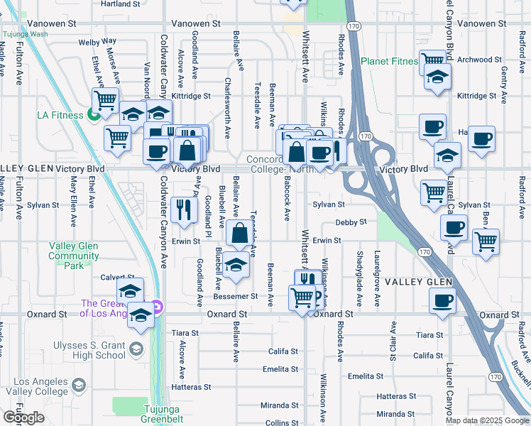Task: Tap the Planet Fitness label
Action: coord(389,61)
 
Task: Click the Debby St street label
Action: coord(351,222)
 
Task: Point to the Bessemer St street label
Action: coord(254,295)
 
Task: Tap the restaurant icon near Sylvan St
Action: coord(183,208)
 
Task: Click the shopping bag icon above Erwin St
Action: coord(241,232)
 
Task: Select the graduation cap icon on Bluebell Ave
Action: coord(236,265)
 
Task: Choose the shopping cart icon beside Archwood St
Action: coord(432,61)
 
